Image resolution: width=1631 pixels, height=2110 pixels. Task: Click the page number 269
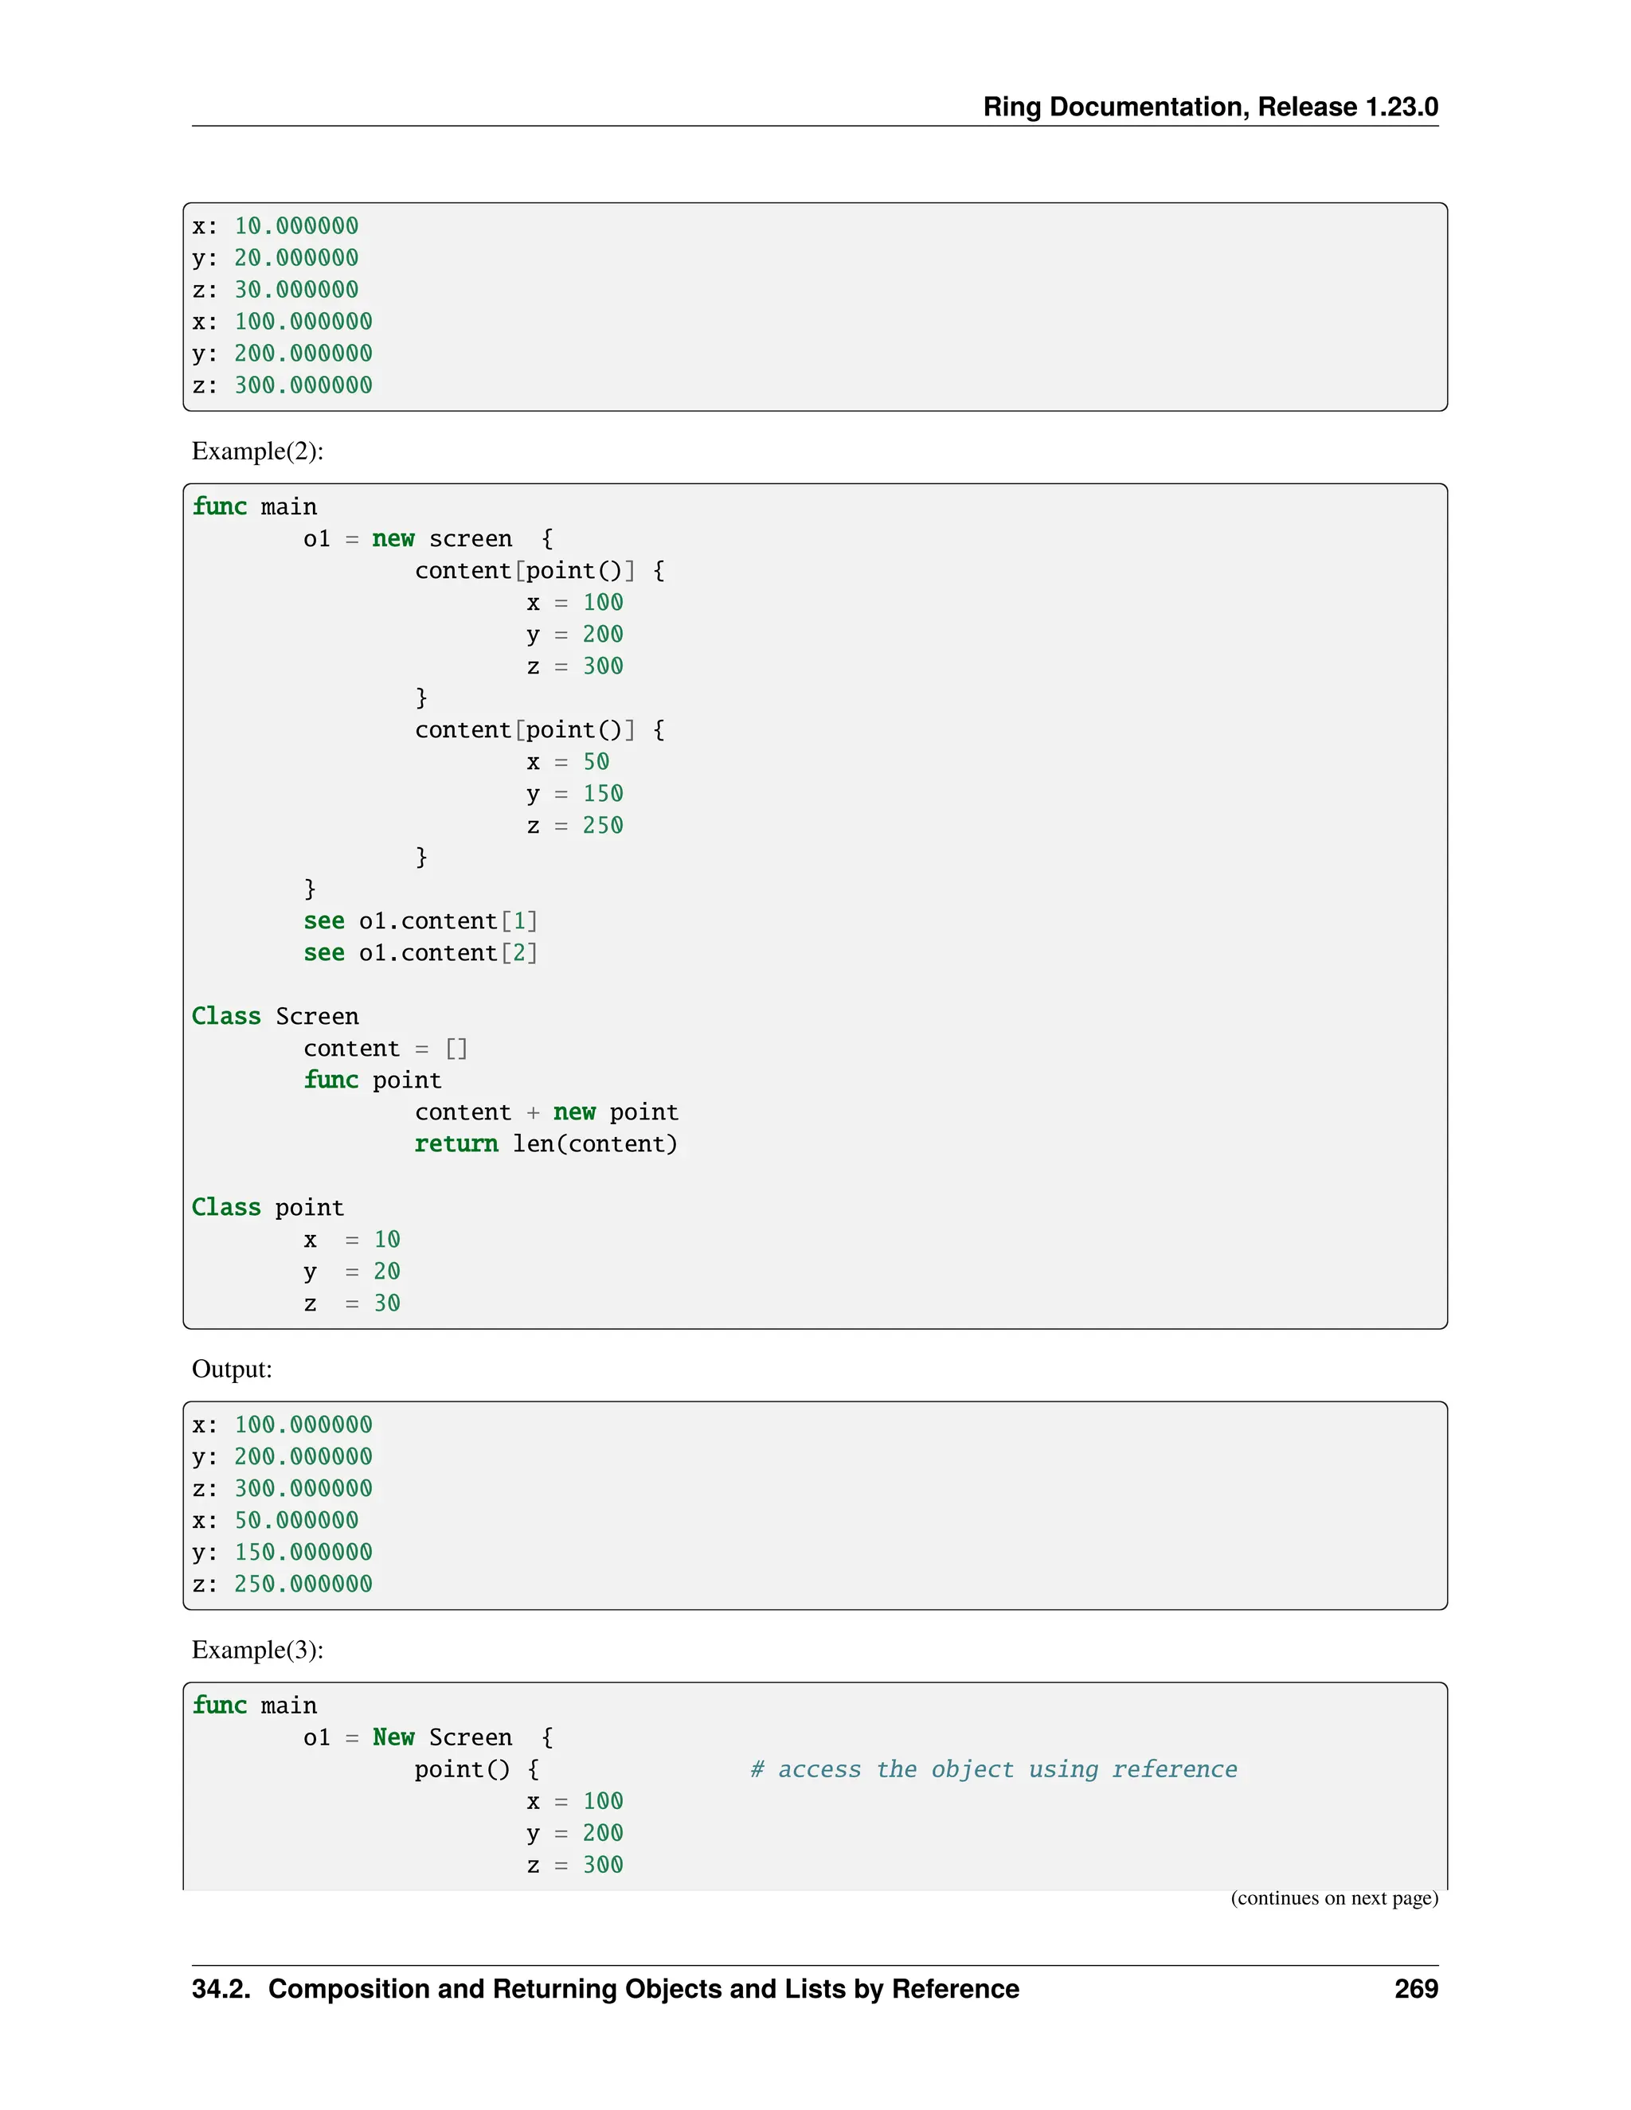coord(1415,1989)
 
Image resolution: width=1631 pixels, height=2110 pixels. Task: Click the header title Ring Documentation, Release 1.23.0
coord(1210,107)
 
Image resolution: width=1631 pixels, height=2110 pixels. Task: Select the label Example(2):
coord(257,451)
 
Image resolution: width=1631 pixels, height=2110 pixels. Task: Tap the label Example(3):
coord(257,1649)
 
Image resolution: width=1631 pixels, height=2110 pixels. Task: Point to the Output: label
coord(232,1369)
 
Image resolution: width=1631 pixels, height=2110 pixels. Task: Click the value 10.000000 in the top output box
coord(295,226)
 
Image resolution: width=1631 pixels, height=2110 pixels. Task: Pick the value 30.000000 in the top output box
coord(295,290)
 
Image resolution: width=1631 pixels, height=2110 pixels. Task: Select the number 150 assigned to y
coord(602,794)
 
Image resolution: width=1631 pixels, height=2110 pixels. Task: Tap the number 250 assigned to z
coord(602,826)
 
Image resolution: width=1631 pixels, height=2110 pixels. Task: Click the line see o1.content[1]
coord(420,922)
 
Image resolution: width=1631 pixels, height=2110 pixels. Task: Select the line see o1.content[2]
coord(420,954)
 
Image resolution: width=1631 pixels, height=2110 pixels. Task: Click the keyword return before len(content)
coord(456,1144)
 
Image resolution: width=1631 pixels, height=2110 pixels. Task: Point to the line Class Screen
coord(276,1016)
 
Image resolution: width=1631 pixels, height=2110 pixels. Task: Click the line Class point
coord(268,1208)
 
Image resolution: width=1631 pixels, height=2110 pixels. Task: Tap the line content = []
coord(385,1049)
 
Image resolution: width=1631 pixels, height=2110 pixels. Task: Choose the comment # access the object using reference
coord(993,1769)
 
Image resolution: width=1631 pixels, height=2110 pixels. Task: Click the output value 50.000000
coord(295,1521)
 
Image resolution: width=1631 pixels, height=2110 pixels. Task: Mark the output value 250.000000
coord(303,1584)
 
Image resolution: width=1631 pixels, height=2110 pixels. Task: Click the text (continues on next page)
coord(1333,1898)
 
